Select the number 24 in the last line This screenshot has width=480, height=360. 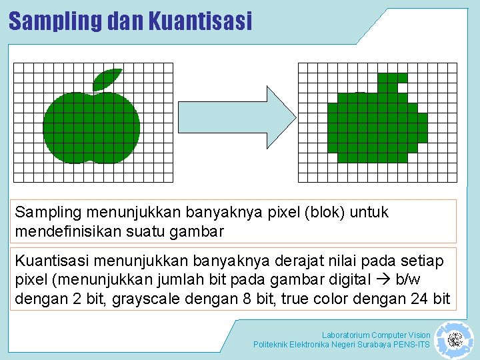[x=420, y=299]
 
